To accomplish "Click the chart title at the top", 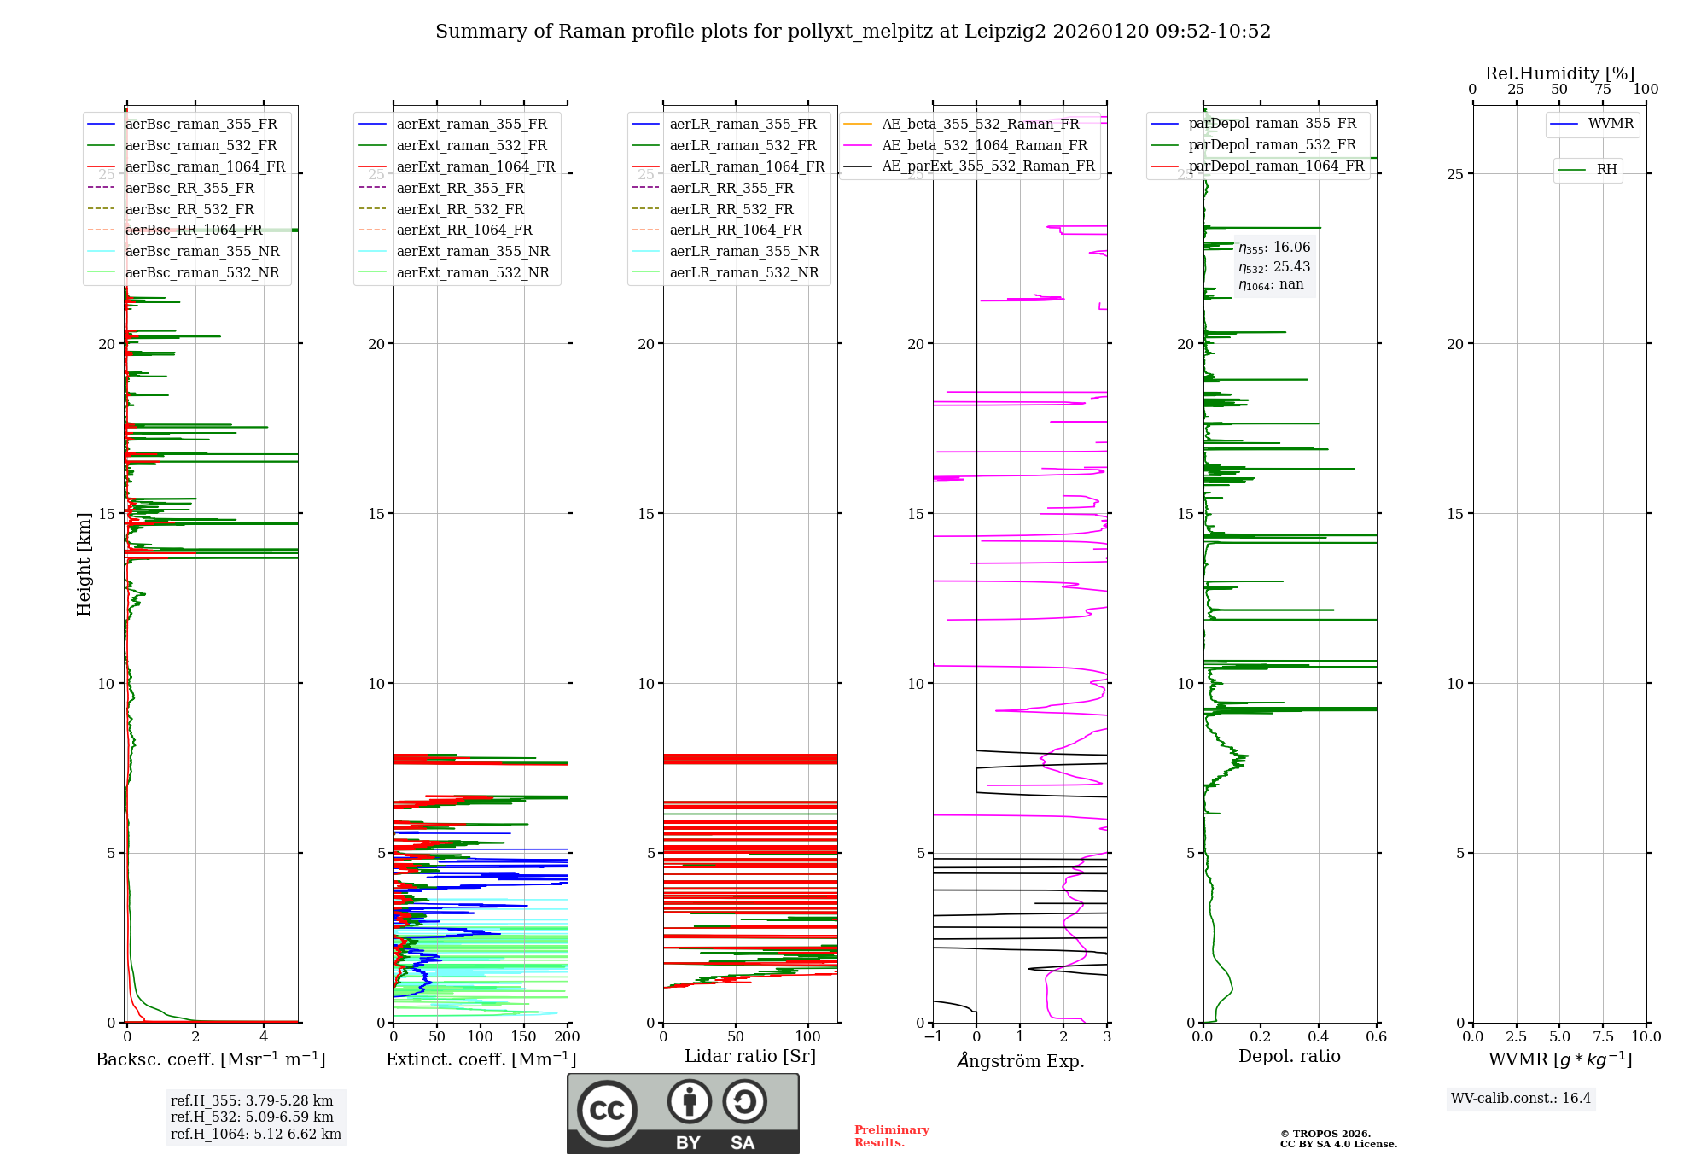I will (x=853, y=32).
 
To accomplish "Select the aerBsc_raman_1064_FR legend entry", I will (x=205, y=167).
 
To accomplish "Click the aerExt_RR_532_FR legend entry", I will (x=460, y=209).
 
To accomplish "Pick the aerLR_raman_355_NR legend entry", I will (x=743, y=251).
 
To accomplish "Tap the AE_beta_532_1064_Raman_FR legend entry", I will (x=984, y=146).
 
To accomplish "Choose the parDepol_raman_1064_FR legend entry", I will (x=1276, y=166).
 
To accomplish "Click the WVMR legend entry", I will (x=1611, y=124).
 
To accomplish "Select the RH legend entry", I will (x=1606, y=170).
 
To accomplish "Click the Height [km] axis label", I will (x=84, y=564).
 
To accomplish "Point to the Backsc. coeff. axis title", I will (x=210, y=1059).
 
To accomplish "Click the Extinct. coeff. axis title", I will (x=481, y=1059).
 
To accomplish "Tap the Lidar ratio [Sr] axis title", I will (x=750, y=1056).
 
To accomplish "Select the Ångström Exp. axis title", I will (x=1021, y=1061).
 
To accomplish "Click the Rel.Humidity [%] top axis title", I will (x=1559, y=73).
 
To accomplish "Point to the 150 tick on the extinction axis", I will (x=524, y=1037).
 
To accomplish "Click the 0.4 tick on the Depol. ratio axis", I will (x=1319, y=1037).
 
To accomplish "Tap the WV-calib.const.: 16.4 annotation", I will (x=1521, y=1098).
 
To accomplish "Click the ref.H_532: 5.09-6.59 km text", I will (x=252, y=1117).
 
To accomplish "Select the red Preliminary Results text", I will (x=891, y=1135).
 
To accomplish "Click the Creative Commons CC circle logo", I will (x=607, y=1110).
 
